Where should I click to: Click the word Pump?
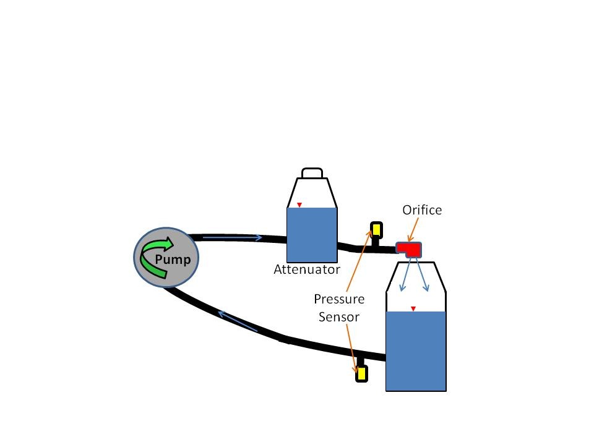point(173,260)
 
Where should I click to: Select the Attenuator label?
point(307,269)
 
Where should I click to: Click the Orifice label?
point(422,210)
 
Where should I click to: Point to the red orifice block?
point(409,250)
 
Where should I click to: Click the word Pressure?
point(339,299)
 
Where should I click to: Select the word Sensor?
point(338,316)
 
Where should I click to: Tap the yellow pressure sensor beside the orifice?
point(376,230)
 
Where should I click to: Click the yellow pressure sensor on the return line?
point(361,373)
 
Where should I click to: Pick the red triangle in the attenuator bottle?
point(299,205)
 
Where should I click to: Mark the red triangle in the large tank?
point(413,309)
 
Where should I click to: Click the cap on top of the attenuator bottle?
point(312,173)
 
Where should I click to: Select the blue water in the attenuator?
point(312,235)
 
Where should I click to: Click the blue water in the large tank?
point(416,351)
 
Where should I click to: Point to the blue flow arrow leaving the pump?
point(232,237)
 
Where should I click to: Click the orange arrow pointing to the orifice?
point(413,229)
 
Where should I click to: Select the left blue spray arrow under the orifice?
point(406,275)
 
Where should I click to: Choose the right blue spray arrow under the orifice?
point(423,275)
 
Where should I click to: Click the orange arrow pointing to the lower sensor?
point(351,349)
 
